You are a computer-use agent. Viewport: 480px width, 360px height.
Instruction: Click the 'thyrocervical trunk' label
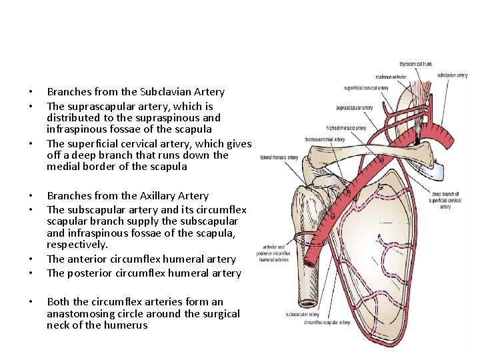point(415,64)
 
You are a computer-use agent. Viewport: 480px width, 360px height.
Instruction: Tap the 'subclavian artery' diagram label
point(452,75)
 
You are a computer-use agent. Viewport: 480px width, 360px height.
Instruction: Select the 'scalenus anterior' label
point(390,77)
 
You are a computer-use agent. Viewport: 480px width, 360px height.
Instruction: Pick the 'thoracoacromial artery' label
point(325,140)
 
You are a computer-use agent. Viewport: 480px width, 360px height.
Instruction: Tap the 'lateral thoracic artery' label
point(278,157)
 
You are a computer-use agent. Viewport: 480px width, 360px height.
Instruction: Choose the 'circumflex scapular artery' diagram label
point(327,323)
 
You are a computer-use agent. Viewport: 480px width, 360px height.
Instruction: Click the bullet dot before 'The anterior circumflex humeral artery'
point(30,259)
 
